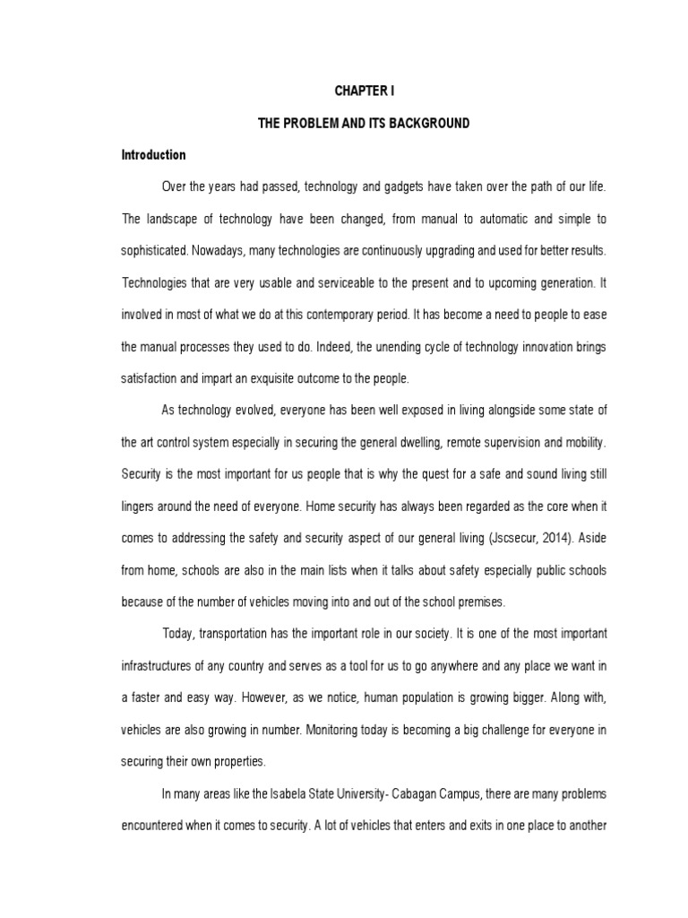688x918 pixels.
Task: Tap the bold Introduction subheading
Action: coord(154,154)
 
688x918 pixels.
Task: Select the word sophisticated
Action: coord(159,250)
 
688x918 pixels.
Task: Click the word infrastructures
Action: coord(159,664)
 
